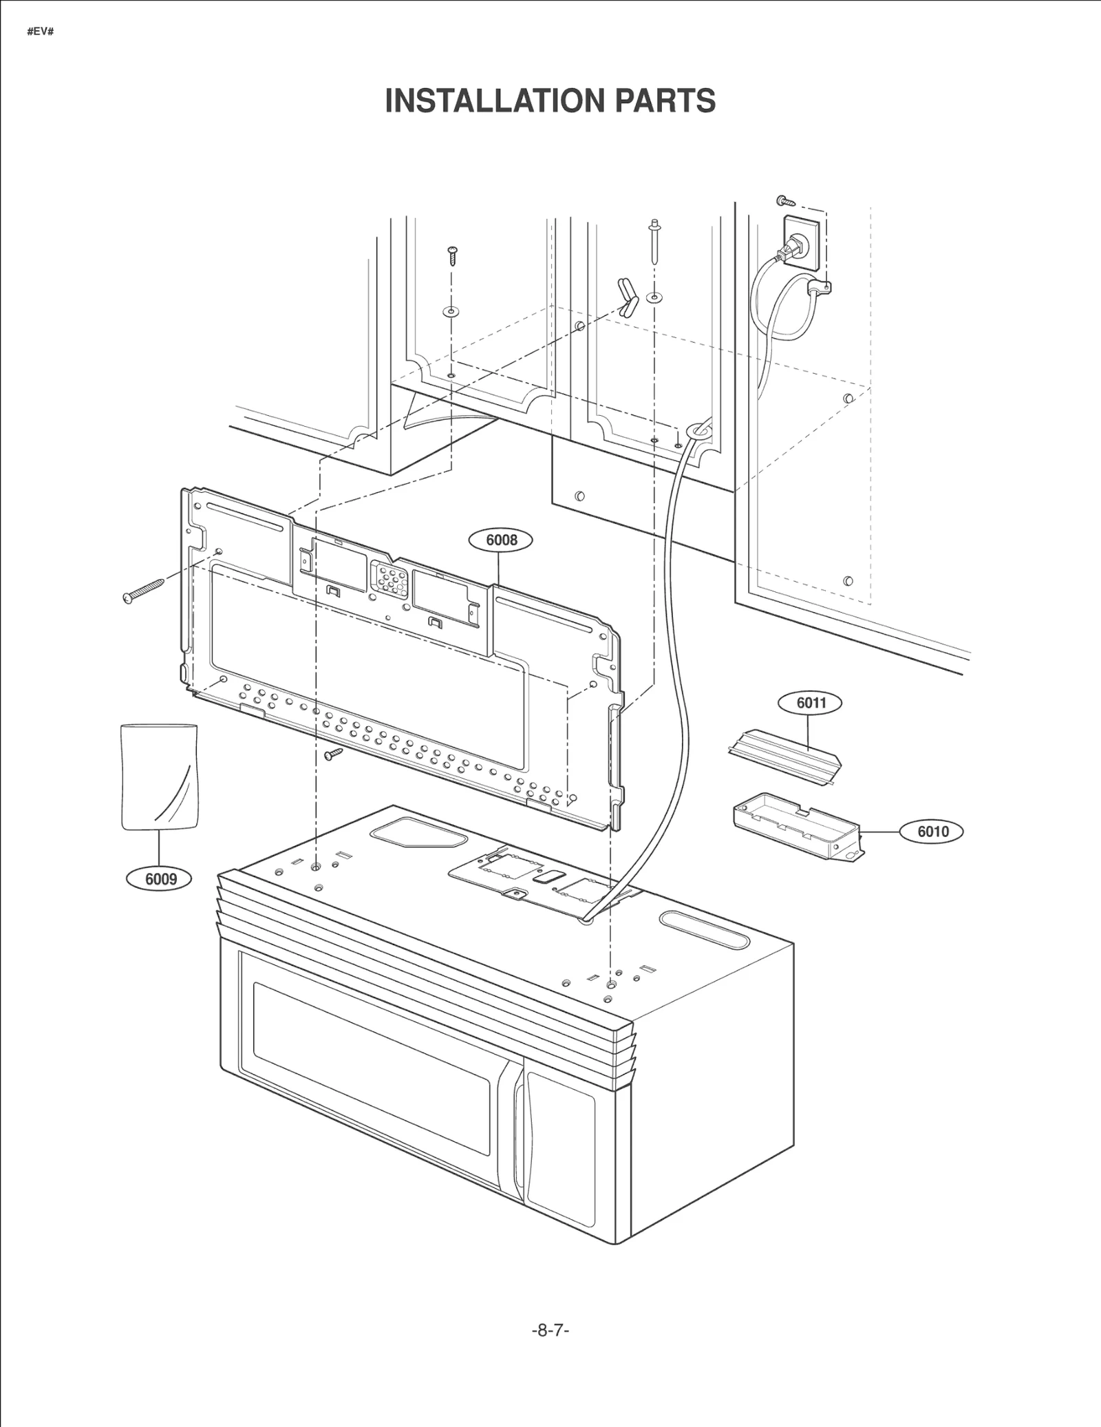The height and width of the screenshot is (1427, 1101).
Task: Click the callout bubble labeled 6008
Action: (501, 540)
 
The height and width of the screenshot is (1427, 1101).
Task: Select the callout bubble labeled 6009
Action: (160, 879)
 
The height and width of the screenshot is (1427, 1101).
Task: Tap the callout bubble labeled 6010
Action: (932, 832)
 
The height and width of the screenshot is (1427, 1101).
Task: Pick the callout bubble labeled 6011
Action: (811, 703)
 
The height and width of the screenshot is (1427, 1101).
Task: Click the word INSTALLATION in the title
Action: (494, 101)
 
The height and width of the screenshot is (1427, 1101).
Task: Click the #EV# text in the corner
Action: (40, 32)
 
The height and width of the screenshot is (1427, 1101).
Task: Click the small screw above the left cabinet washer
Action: (453, 255)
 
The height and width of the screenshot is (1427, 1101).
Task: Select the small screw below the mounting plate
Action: (334, 754)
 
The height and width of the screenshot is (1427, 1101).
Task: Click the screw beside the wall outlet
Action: (785, 201)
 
